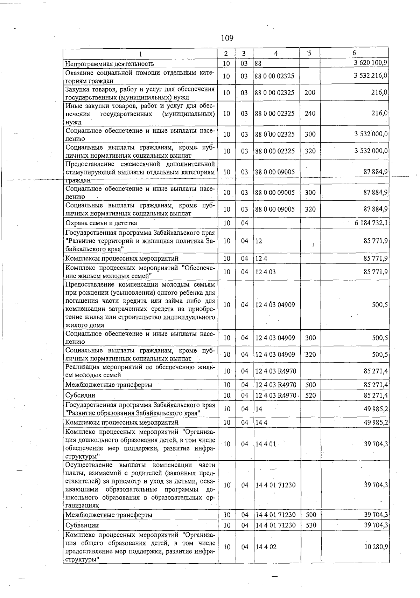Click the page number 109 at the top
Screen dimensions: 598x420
coord(227,38)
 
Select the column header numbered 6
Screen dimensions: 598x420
coord(354,53)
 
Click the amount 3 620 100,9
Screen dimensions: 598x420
coord(370,63)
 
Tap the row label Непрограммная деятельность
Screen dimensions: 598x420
coord(110,64)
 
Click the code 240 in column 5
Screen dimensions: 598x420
coord(310,114)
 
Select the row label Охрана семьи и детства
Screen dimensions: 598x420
coord(101,223)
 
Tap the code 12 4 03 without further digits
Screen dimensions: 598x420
coord(265,272)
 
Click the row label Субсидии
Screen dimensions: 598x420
coord(80,395)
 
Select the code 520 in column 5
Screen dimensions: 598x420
coord(310,395)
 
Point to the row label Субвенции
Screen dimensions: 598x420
coord(82,525)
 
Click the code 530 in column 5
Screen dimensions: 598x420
coord(310,525)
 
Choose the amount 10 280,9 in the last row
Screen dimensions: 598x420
coord(376,547)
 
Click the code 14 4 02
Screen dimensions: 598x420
coord(266,547)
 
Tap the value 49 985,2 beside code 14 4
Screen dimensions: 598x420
coord(376,422)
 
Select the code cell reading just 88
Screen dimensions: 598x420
coord(258,64)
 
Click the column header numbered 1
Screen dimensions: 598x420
coord(140,54)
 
